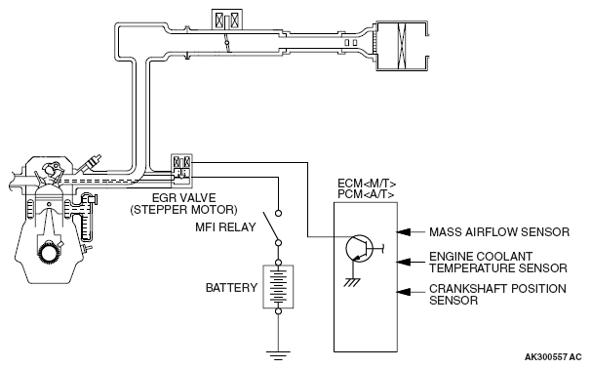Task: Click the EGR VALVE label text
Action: pos(184,198)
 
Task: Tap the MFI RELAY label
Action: pos(225,227)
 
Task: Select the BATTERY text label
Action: pos(231,288)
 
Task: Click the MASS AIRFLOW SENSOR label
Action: pos(499,232)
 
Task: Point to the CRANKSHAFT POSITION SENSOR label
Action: pos(497,295)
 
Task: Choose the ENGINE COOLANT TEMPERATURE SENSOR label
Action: pos(498,263)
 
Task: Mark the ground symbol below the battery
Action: pos(278,355)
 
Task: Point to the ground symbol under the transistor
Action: pos(352,282)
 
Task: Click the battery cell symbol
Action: pos(278,287)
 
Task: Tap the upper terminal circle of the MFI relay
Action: pos(278,213)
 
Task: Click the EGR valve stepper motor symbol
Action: pos(181,171)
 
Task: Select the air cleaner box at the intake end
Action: pos(403,46)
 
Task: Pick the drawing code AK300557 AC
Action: pos(553,357)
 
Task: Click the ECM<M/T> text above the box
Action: pos(367,184)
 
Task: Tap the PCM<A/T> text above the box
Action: pos(366,194)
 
